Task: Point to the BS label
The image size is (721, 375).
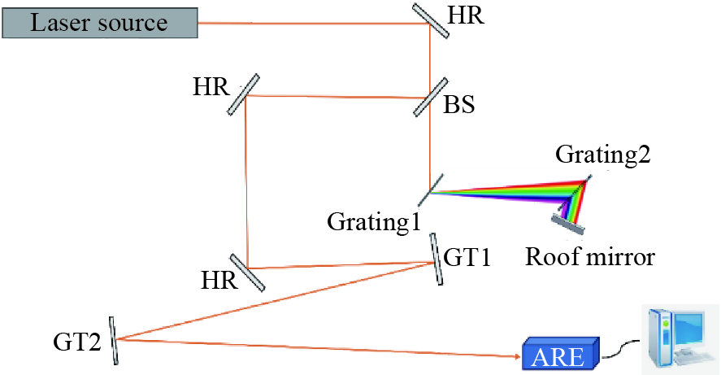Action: click(x=459, y=105)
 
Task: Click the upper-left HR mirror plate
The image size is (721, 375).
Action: click(x=245, y=94)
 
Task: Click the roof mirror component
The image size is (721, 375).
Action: click(x=566, y=215)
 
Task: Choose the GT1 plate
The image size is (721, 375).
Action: click(x=437, y=258)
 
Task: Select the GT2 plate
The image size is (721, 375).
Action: click(x=113, y=338)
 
